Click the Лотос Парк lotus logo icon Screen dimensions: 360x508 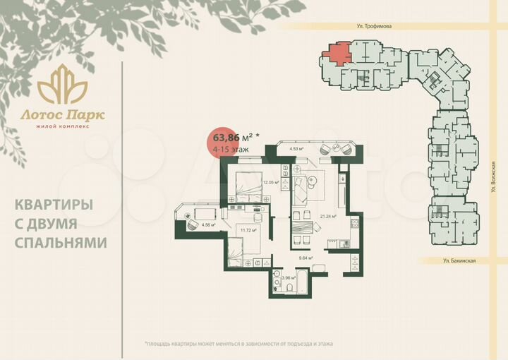tap(62, 85)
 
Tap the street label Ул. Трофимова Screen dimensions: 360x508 tap(374, 25)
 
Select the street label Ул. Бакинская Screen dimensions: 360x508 tap(460, 260)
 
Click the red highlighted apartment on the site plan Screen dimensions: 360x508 tap(337, 53)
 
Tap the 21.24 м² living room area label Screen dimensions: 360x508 tap(328, 217)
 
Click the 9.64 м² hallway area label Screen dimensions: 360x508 tap(305, 258)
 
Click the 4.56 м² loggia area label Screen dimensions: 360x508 tap(207, 225)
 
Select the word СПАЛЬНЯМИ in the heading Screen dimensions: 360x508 tap(61, 242)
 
